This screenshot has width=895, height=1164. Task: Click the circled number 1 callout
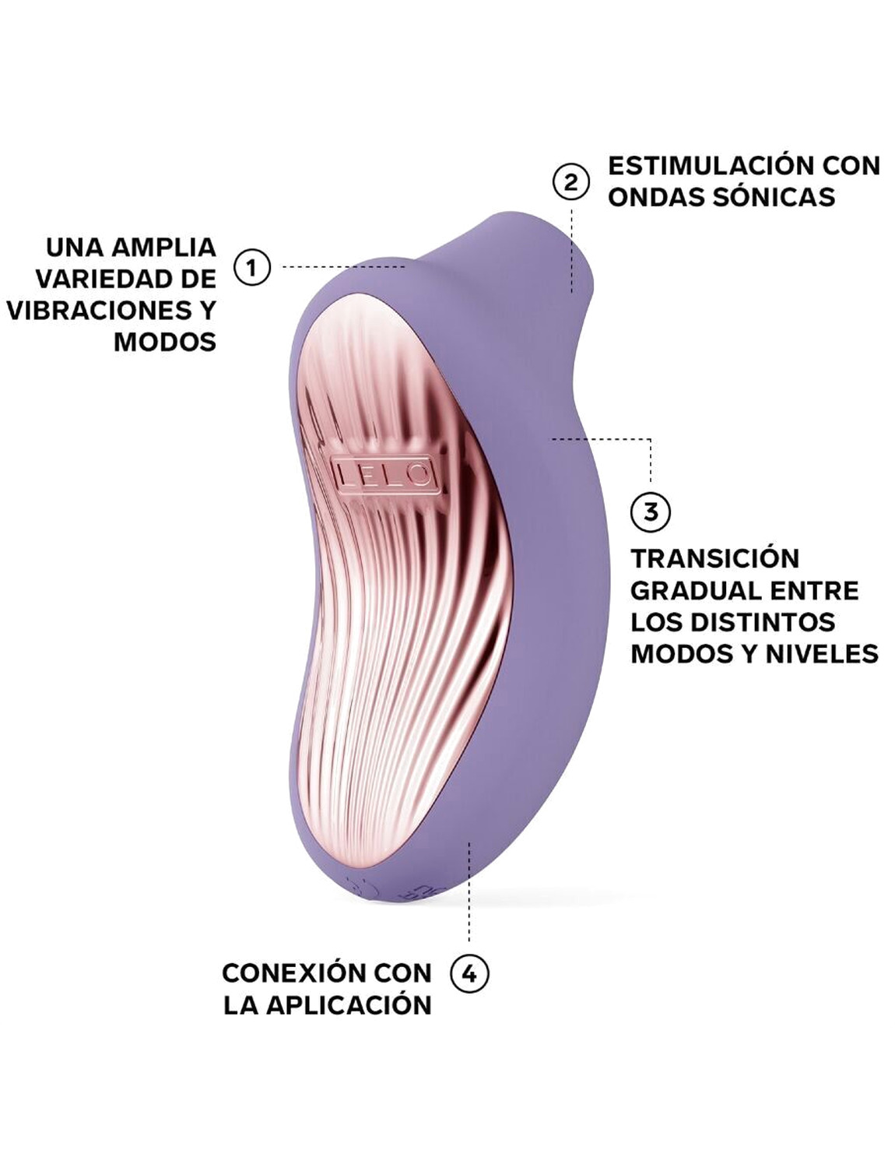[x=251, y=268]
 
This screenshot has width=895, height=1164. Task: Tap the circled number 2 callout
[x=571, y=182]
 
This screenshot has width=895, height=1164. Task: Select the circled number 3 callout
[x=649, y=512]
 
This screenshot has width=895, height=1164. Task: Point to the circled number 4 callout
[x=470, y=973]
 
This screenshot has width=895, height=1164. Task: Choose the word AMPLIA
[x=164, y=248]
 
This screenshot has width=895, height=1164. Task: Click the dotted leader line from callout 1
[x=342, y=266]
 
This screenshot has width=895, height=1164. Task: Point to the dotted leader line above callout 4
[x=469, y=903]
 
